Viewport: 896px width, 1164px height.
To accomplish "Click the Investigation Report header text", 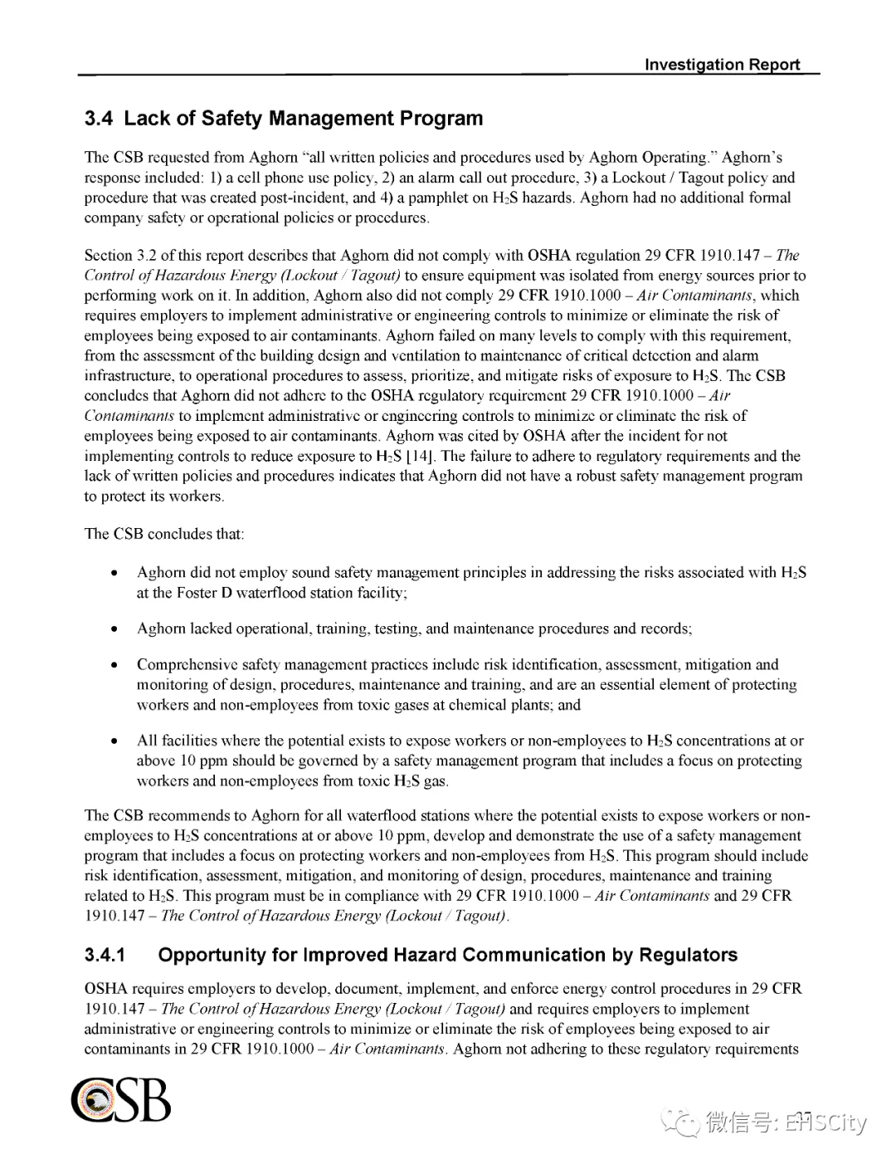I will coord(722,65).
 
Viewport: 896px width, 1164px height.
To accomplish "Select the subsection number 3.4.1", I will coord(105,955).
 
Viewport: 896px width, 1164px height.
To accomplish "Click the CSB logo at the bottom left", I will coord(121,1100).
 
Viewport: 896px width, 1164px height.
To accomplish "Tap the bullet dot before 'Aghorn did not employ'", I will coord(115,573).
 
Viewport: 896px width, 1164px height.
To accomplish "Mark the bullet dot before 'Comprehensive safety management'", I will coord(115,665).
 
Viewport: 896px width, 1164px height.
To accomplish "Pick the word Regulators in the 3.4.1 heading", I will coord(688,955).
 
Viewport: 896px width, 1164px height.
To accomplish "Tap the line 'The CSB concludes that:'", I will coord(164,534).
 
